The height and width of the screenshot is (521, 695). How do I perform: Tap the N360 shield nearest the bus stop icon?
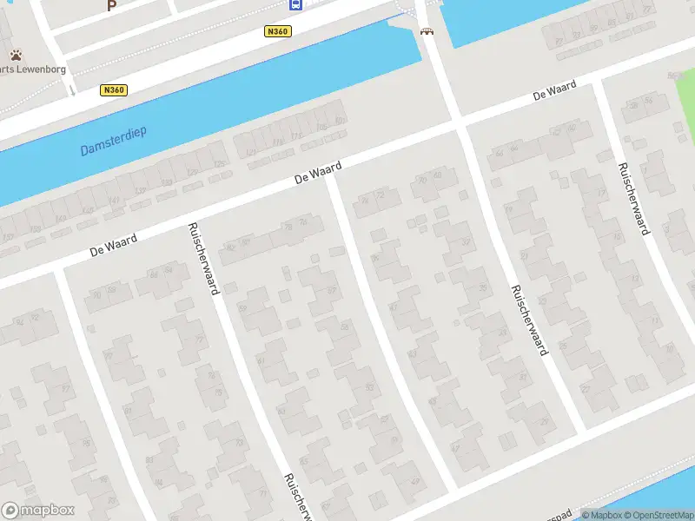(277, 31)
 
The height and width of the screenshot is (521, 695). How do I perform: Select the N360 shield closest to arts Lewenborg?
(114, 90)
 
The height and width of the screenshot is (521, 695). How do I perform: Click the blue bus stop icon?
(296, 4)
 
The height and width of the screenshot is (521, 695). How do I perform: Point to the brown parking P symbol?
(110, 5)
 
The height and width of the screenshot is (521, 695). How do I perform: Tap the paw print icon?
(16, 55)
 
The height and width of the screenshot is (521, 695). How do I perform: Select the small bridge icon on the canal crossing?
(426, 32)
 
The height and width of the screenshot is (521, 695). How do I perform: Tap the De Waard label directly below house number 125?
(318, 171)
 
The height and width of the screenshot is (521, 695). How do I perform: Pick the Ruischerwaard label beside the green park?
(633, 199)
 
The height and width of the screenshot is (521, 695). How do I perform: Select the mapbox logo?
(38, 511)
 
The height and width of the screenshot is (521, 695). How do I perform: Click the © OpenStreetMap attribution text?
(658, 515)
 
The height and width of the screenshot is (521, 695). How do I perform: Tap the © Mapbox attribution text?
(602, 515)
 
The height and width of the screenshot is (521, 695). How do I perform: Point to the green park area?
(686, 104)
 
